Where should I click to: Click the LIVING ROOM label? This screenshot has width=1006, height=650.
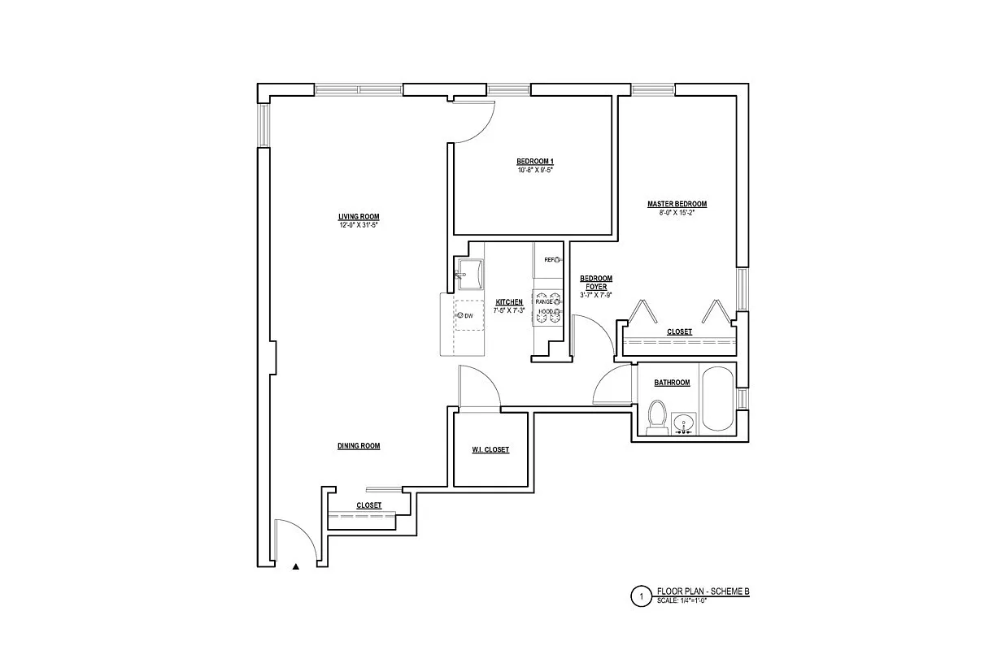[359, 217]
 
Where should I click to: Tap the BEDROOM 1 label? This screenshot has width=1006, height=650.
[534, 161]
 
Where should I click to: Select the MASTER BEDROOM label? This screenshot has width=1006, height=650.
[677, 204]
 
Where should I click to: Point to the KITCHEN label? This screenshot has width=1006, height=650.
[509, 302]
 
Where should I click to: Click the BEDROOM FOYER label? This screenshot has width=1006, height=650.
[595, 283]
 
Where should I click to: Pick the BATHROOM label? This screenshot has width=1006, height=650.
[672, 383]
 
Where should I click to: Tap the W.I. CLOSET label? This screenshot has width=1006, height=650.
[490, 450]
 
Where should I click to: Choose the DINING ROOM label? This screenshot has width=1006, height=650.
[359, 446]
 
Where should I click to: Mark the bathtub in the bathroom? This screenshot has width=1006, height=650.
[718, 399]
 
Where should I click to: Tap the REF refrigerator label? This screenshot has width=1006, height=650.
[549, 259]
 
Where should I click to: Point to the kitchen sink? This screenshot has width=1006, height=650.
[469, 274]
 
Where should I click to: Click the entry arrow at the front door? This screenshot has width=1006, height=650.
[296, 566]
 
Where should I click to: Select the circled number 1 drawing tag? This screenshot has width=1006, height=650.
[641, 597]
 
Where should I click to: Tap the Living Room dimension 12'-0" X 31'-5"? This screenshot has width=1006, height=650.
[359, 224]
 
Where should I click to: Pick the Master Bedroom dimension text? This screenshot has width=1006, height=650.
[677, 212]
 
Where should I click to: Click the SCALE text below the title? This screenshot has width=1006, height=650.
[682, 601]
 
